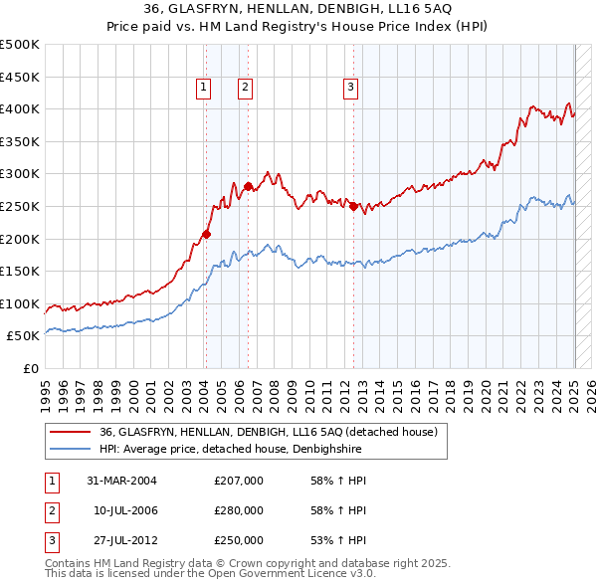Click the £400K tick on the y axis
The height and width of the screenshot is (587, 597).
[20, 108]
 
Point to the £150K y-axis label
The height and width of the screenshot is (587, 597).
[20, 271]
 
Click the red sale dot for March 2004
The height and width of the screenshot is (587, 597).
[207, 234]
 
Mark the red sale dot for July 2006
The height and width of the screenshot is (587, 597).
[247, 186]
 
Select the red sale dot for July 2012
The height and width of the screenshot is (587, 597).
[353, 206]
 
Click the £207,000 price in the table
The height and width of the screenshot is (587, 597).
[239, 482]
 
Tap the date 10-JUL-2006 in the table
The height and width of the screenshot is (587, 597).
[125, 510]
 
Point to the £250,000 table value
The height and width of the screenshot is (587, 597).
[239, 540]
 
